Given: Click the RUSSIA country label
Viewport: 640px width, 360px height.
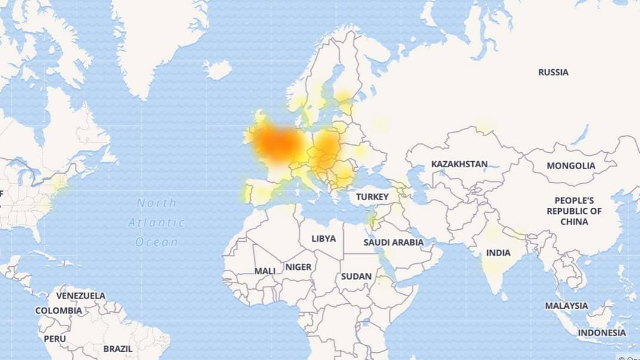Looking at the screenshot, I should coord(553,72).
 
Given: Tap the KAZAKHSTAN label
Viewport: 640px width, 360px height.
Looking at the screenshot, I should coord(459,164).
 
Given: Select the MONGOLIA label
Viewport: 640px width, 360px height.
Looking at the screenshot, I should coord(571,165).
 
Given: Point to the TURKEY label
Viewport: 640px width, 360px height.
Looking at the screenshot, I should coord(372,196).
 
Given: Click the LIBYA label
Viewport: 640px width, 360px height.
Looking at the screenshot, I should coord(324,238).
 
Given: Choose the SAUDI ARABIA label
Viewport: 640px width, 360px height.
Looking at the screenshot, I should coord(393,242).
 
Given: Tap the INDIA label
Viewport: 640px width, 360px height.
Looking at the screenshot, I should coord(498,253).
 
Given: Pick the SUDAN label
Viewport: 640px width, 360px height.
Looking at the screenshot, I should coord(356,276).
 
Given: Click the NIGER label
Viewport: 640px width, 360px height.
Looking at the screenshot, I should coord(298,267).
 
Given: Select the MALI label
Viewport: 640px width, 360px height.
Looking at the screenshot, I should coord(265,270).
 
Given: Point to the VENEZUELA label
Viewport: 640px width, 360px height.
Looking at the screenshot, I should coord(81,296).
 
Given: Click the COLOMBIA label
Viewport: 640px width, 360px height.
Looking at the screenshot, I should coord(59,310).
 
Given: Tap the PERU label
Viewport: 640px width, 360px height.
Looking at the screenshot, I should coord(54,338).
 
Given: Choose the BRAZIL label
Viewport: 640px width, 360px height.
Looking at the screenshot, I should coord(118,348).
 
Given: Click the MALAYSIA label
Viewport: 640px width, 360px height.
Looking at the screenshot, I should coord(566,306).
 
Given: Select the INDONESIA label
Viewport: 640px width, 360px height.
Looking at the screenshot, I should coord(602,333).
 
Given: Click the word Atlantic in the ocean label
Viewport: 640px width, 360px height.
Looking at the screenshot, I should coord(156,223).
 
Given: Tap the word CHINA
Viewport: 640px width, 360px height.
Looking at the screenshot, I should coord(574,221).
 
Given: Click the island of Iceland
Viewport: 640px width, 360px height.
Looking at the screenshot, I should coord(217,70).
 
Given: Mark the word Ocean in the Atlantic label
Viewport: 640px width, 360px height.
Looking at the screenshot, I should coord(156,242).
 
